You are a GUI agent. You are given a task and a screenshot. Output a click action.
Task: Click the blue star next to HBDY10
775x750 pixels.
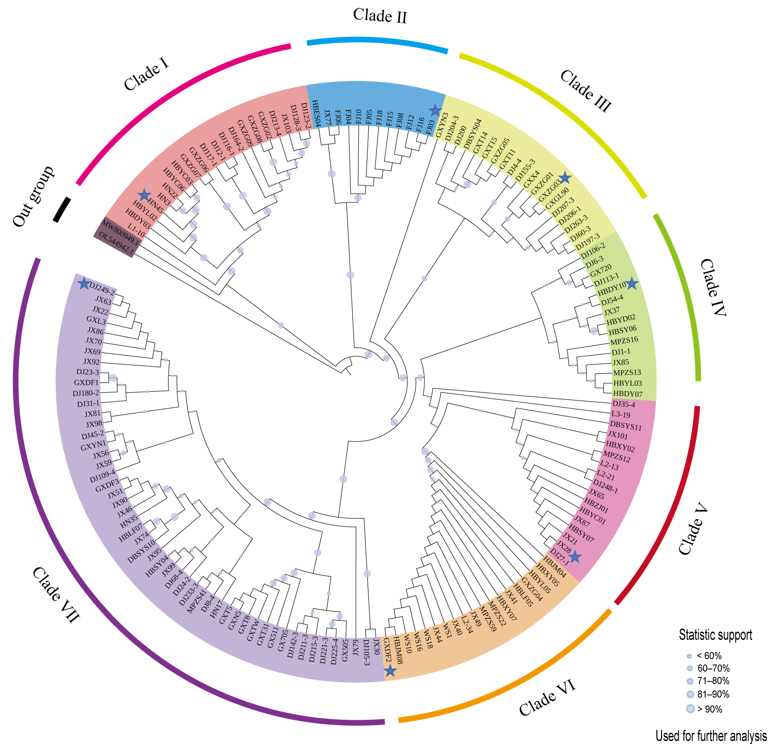click(x=632, y=283)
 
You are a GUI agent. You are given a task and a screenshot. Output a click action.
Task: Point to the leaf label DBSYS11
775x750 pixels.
click(x=626, y=426)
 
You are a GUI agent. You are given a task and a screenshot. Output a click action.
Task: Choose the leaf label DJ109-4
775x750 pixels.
click(x=102, y=476)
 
